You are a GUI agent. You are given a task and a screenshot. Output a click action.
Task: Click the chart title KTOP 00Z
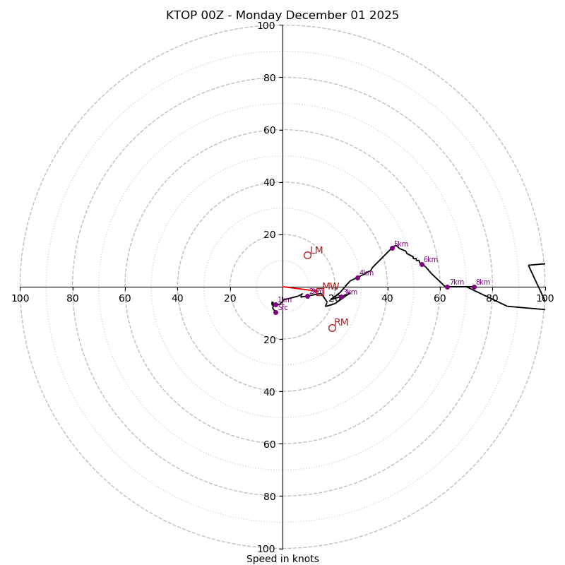282,16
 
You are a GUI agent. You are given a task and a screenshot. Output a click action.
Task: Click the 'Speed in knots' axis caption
282,559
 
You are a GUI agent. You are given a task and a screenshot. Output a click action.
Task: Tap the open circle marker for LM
307,255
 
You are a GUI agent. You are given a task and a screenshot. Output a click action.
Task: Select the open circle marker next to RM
332,328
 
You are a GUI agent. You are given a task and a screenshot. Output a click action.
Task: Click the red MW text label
331,287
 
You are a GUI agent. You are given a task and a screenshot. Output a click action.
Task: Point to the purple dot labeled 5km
392,248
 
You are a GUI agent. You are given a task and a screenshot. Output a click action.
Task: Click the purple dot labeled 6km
422,264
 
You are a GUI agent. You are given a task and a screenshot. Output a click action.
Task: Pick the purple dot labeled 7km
447,287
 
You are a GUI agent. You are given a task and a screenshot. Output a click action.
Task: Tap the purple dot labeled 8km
474,287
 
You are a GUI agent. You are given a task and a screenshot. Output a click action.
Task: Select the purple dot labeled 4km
357,278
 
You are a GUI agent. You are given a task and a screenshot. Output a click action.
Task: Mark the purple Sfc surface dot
275,312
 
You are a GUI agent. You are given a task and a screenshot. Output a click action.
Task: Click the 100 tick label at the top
266,25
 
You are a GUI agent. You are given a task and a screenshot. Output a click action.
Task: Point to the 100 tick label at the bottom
266,549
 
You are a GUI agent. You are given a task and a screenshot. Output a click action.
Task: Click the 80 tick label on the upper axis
268,78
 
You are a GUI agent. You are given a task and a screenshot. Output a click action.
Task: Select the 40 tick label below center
268,392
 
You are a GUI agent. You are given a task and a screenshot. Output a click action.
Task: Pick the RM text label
341,323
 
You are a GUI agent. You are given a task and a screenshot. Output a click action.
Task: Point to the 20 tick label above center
268,234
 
